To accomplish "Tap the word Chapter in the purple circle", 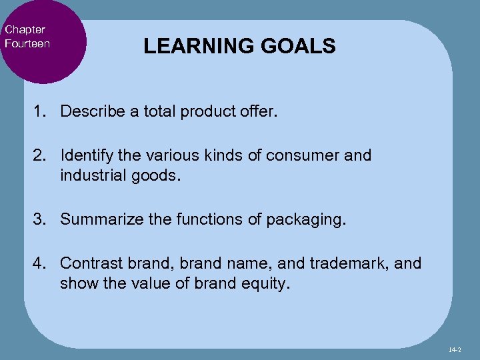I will coord(25,30).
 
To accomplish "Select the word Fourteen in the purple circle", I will coord(27,43).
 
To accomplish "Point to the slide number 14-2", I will coord(456,349).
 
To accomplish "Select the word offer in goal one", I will coord(259,111).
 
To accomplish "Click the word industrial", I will coord(91,175).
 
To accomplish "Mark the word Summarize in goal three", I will coord(97,219).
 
